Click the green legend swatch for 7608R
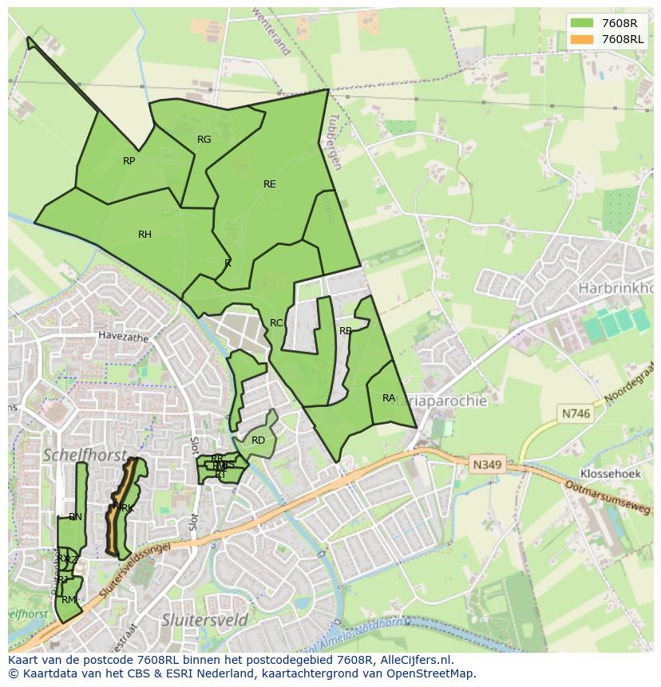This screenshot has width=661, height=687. click(582, 22)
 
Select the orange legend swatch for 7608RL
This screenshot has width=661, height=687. click(582, 38)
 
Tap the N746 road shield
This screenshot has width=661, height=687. click(575, 413)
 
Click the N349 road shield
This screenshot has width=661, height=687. click(485, 464)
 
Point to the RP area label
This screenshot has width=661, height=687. click(129, 161)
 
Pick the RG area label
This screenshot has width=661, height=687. click(204, 140)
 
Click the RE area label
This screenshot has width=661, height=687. click(270, 184)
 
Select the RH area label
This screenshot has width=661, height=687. click(144, 235)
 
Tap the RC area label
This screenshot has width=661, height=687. click(276, 323)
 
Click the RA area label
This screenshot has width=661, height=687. click(389, 398)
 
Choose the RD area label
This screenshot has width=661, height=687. click(258, 440)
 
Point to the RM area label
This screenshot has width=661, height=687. click(69, 600)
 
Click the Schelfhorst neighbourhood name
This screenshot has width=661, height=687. click(85, 456)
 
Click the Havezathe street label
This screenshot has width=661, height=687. click(124, 338)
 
